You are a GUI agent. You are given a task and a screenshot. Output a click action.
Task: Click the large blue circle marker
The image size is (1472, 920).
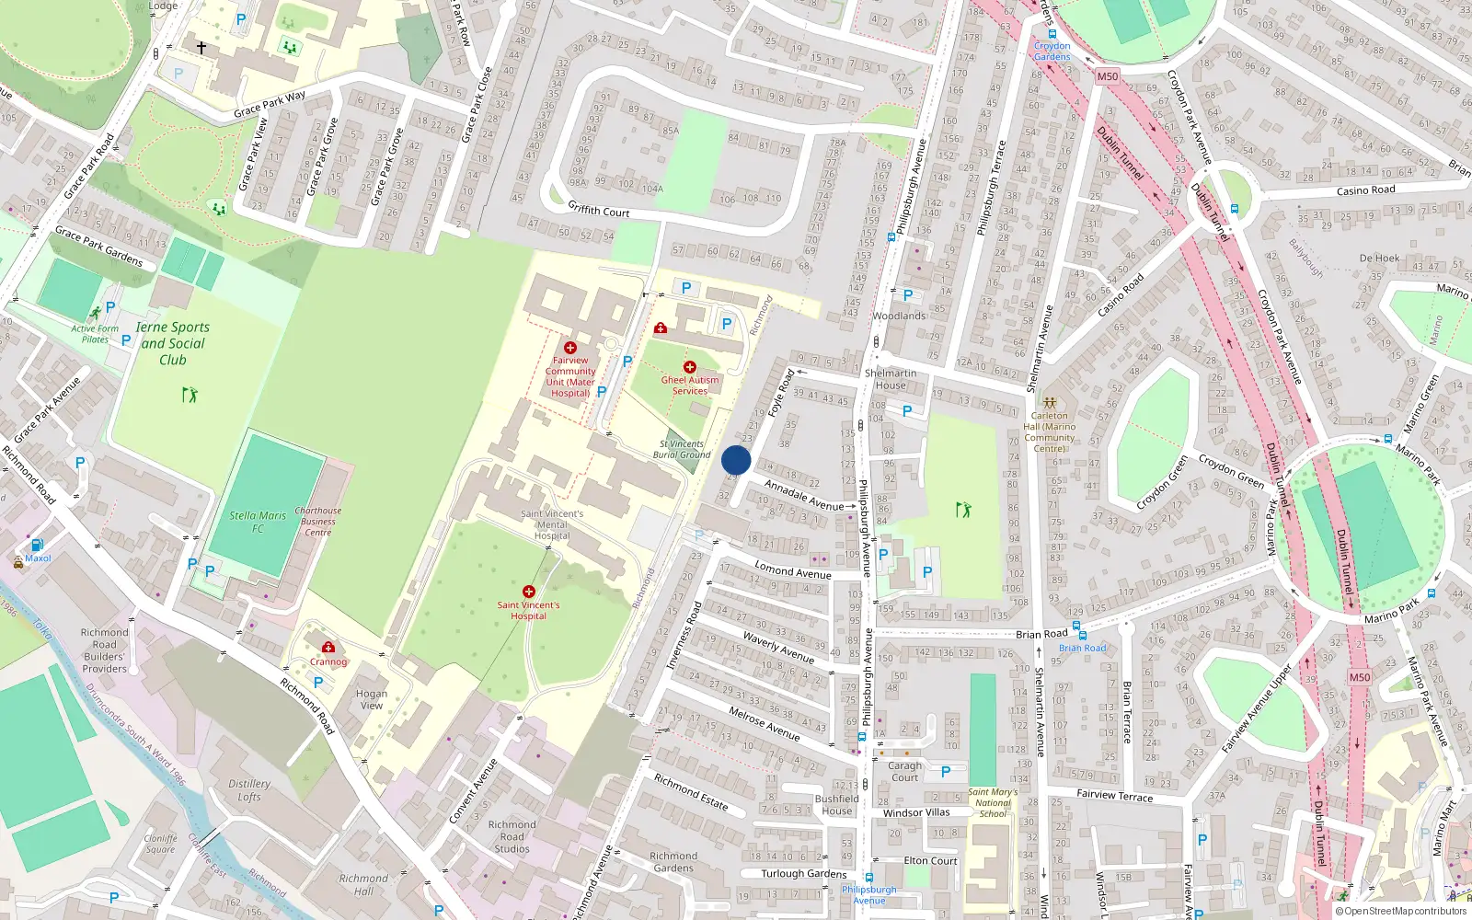[736, 461]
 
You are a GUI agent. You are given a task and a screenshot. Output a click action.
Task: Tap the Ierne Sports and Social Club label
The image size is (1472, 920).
[172, 343]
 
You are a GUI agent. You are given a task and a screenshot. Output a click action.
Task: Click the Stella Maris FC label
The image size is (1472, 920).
[258, 522]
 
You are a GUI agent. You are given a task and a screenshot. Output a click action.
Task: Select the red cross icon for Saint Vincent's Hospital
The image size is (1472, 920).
[529, 591]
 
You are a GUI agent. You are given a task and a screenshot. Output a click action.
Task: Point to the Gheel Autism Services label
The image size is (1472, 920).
[690, 385]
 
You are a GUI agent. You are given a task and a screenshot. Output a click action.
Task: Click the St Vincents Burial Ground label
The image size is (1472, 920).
[682, 449]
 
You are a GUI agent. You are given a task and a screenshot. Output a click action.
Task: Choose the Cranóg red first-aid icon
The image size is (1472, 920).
[328, 647]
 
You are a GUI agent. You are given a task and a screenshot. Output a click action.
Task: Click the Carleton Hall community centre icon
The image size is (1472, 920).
[1050, 402]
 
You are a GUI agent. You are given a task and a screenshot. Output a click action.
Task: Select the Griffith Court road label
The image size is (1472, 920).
[599, 210]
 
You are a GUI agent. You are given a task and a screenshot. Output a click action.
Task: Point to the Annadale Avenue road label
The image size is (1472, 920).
[804, 495]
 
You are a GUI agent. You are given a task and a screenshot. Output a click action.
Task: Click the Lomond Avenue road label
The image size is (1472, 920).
[793, 570]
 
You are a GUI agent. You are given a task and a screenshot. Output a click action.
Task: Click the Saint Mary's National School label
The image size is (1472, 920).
[993, 803]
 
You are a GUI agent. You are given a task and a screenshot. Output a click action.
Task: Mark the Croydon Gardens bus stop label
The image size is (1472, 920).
[1052, 51]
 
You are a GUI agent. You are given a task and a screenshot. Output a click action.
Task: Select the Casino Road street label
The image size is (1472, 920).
[1365, 190]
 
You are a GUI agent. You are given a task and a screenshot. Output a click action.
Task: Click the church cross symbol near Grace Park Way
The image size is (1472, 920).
[201, 47]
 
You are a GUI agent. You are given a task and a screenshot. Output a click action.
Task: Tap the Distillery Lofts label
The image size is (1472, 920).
[249, 790]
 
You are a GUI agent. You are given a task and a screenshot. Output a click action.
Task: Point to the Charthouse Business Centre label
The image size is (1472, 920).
[318, 521]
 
